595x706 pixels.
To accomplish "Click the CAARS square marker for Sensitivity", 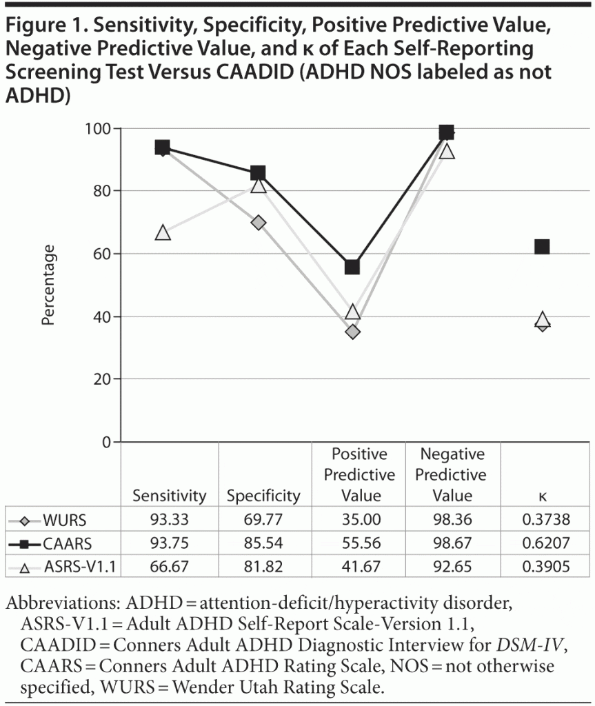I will (x=163, y=147).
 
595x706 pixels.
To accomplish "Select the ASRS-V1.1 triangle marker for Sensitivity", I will (x=163, y=232).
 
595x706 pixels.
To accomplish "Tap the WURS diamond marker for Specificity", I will (x=258, y=223).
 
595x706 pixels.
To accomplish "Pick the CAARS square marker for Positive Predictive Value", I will (x=352, y=267).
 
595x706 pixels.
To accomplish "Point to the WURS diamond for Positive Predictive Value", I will (x=353, y=332).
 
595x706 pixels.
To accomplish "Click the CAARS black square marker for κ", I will (x=542, y=246).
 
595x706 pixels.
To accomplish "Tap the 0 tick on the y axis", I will (x=107, y=442).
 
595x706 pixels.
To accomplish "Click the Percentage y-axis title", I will (x=48, y=285).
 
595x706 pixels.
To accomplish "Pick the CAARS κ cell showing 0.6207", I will (x=542, y=544).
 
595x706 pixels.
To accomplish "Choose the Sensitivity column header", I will (x=170, y=496).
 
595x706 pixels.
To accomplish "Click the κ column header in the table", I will (x=542, y=496).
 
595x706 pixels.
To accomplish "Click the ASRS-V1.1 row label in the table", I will (x=77, y=568).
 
